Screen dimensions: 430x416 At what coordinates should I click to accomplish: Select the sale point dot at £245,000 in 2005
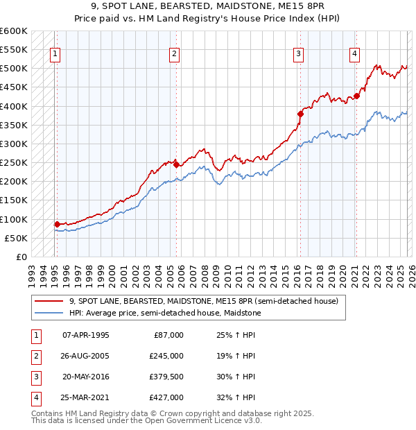[x=176, y=164]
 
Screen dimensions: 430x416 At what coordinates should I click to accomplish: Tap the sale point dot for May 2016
[x=300, y=114]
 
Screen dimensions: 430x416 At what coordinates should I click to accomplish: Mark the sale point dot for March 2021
[x=356, y=96]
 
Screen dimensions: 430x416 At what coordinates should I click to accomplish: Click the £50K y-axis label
[x=17, y=238]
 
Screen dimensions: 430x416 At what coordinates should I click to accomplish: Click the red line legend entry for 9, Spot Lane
[x=203, y=301]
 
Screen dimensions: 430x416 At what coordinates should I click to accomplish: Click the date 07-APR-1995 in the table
[x=86, y=335]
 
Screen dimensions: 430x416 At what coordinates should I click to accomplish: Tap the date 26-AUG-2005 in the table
[x=86, y=356]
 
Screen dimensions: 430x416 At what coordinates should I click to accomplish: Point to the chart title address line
[x=208, y=6]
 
